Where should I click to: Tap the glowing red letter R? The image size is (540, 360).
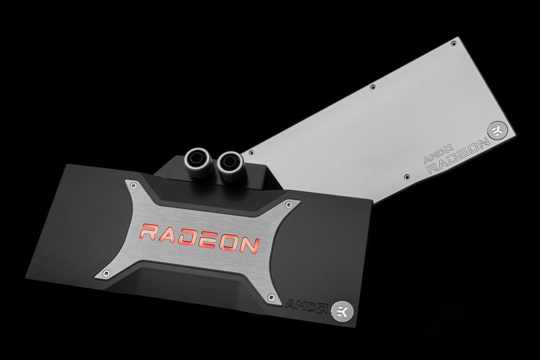point(151,233)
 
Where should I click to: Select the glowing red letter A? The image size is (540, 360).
point(172,235)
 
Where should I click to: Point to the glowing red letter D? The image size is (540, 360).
point(194,238)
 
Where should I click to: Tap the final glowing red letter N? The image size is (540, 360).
point(249,244)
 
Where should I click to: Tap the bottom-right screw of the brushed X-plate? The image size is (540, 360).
point(270,297)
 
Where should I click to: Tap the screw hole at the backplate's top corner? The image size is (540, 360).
point(453,43)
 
